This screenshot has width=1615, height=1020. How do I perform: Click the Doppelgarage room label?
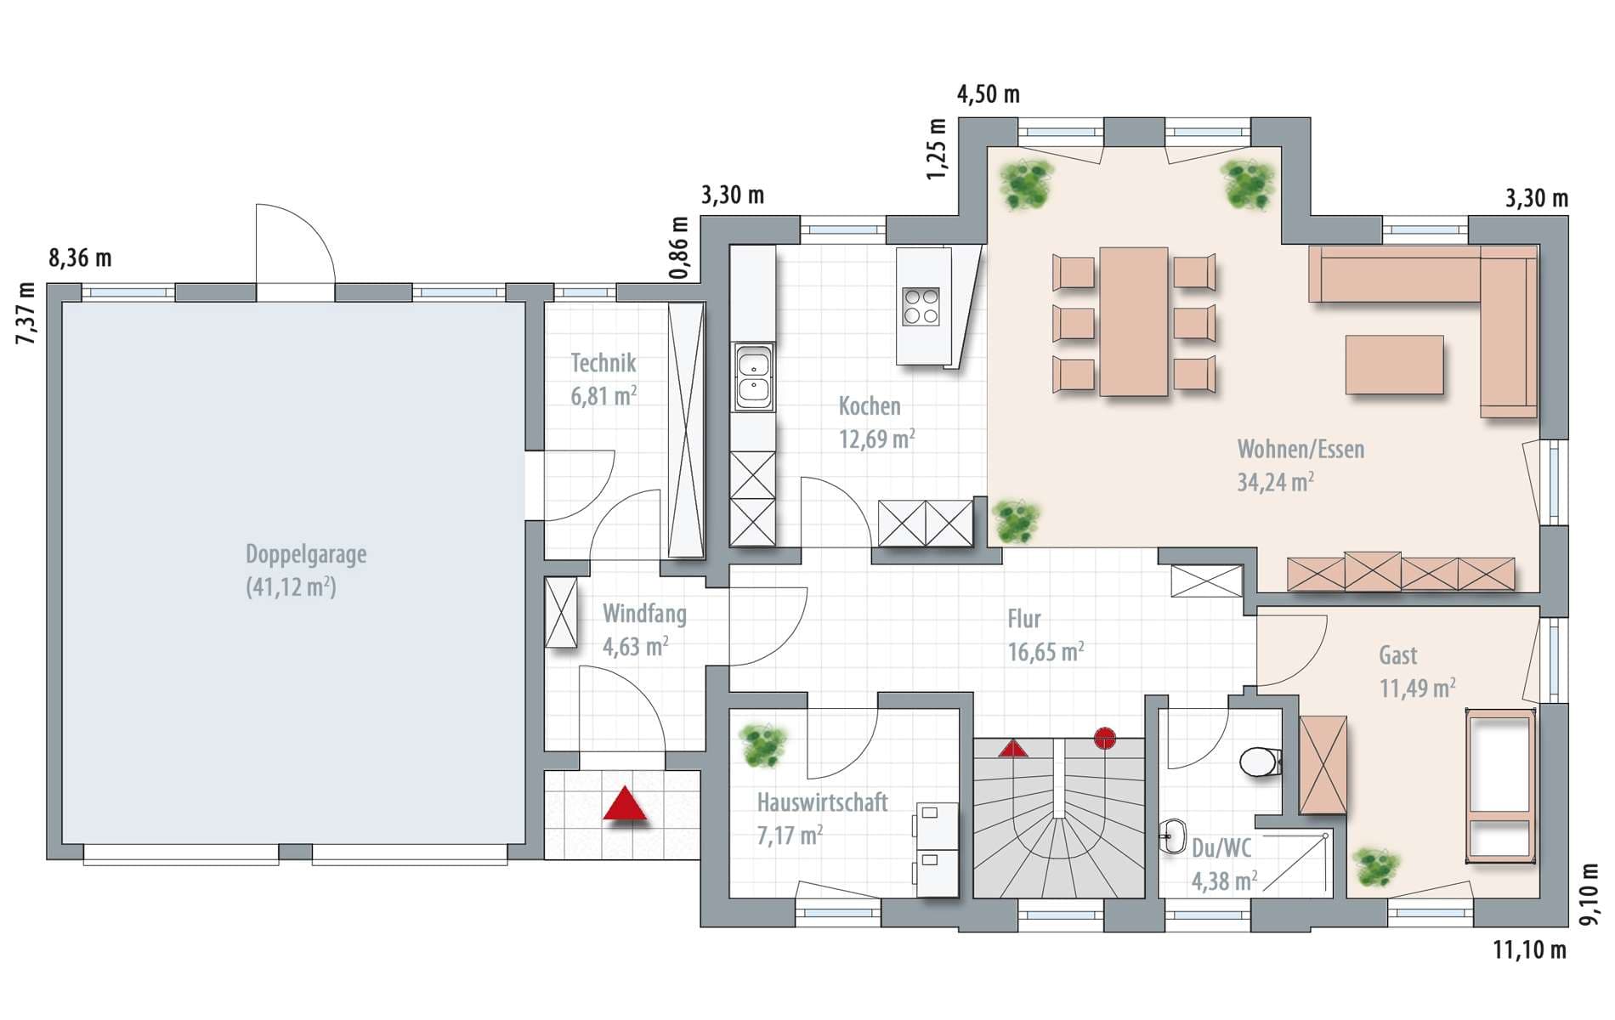click(x=306, y=554)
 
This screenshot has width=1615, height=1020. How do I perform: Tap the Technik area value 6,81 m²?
click(x=603, y=396)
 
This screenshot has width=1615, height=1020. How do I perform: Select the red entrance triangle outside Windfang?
click(x=625, y=803)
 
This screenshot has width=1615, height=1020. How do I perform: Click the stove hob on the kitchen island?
click(x=921, y=307)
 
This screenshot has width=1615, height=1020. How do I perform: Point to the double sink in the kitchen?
click(x=754, y=377)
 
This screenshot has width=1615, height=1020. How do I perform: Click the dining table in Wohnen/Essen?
click(x=1133, y=321)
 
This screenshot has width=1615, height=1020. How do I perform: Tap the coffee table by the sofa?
click(x=1394, y=365)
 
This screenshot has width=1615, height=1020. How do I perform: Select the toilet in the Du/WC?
click(x=1261, y=762)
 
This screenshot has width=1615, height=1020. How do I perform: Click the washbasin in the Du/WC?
click(x=1173, y=836)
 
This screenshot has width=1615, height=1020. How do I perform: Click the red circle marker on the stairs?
click(x=1104, y=738)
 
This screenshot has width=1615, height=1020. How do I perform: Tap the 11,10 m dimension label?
click(x=1529, y=949)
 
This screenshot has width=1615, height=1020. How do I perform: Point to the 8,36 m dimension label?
click(x=80, y=258)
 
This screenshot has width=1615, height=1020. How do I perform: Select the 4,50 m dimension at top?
click(x=989, y=93)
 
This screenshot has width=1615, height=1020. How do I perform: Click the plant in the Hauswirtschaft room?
click(x=762, y=745)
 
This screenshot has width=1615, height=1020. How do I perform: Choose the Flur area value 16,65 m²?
click(x=1045, y=652)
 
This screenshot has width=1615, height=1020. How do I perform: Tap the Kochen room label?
click(x=870, y=406)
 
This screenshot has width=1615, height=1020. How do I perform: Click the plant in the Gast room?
click(x=1376, y=867)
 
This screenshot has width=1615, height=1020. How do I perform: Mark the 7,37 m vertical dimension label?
click(x=26, y=313)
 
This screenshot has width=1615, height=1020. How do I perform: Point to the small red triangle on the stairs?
click(x=1012, y=748)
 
